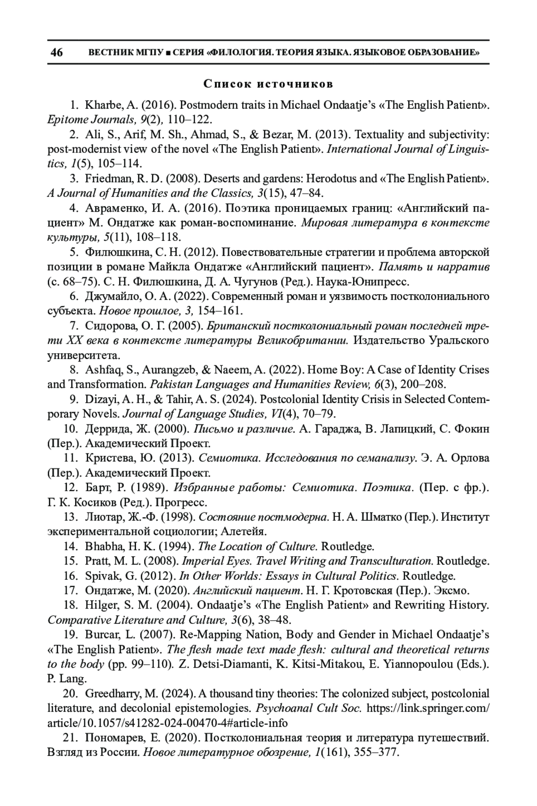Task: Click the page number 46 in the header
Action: click(x=57, y=53)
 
